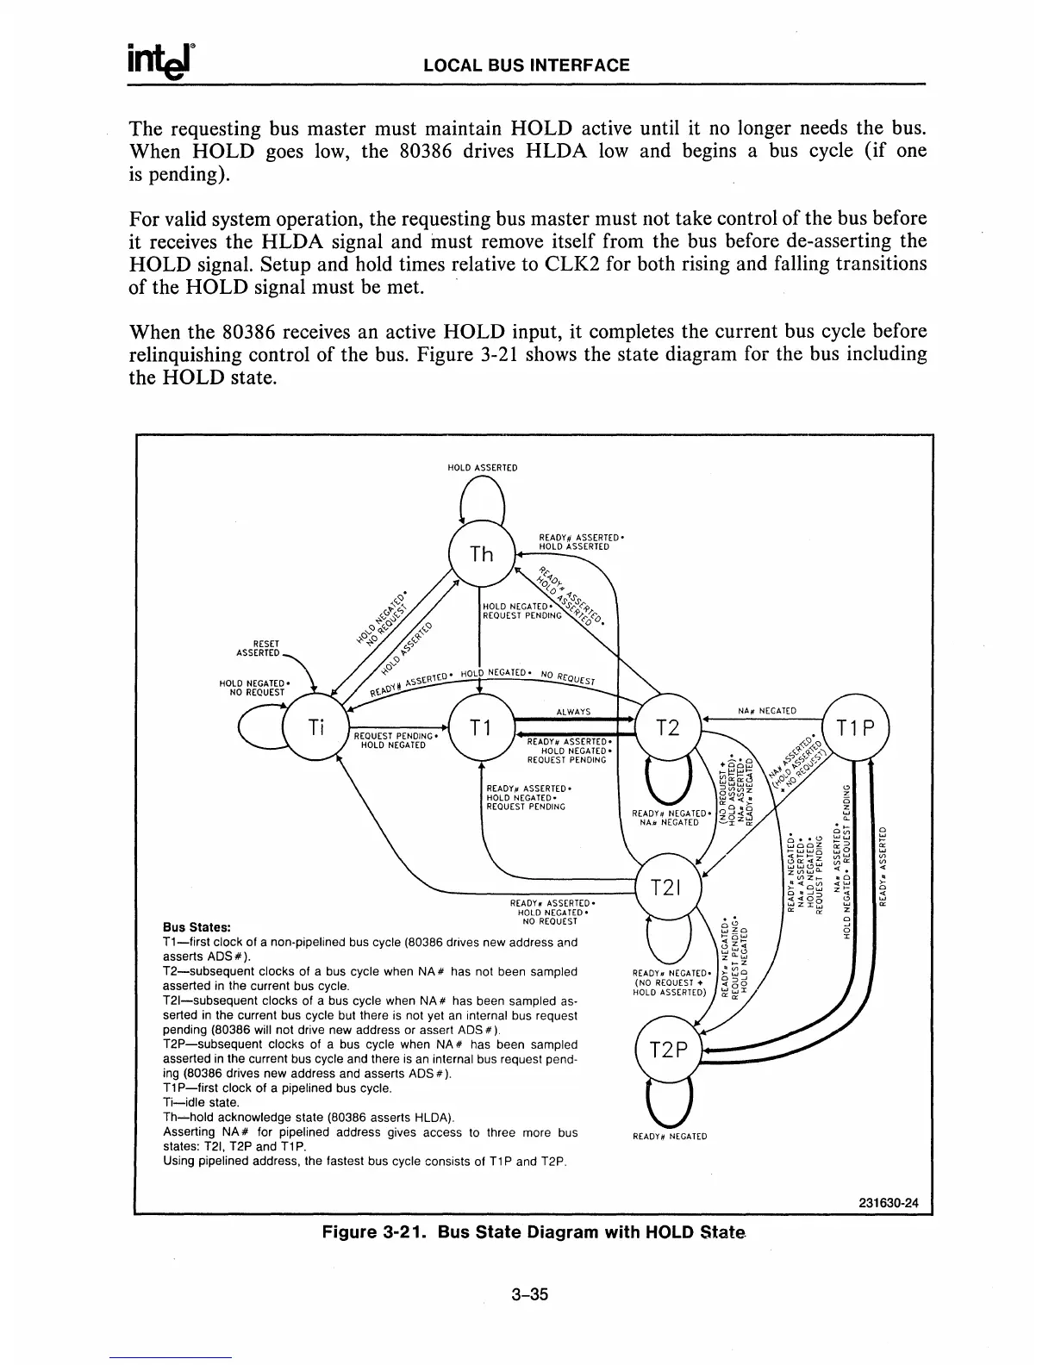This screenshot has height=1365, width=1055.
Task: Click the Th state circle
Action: [x=482, y=554]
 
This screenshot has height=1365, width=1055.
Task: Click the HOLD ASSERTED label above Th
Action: [x=482, y=468]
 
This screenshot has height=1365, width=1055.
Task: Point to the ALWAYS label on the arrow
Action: [x=573, y=712]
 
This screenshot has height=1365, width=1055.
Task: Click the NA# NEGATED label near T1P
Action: [x=767, y=712]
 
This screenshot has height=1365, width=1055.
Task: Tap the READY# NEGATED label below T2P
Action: [x=670, y=1136]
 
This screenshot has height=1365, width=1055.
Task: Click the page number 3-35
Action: [x=529, y=1294]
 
